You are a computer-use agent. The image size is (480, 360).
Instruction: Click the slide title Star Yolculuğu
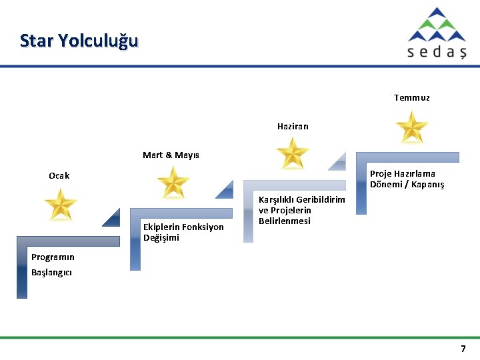click(79, 41)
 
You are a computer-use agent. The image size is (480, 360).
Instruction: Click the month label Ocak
click(59, 176)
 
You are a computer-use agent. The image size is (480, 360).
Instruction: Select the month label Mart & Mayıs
click(171, 155)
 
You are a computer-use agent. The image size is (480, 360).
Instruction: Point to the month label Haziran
click(293, 126)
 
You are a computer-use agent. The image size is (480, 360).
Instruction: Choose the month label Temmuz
click(411, 97)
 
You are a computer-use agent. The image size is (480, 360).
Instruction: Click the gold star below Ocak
click(61, 204)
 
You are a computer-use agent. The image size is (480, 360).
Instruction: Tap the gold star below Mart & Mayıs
click(174, 182)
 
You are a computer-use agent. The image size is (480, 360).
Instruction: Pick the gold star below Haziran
click(292, 153)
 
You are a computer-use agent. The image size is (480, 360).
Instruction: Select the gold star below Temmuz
click(411, 126)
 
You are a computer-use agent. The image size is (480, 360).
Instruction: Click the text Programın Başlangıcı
click(53, 265)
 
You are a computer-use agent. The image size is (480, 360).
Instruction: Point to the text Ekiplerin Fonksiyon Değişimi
click(183, 232)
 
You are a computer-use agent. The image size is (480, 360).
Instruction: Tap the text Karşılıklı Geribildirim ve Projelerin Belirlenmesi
click(301, 210)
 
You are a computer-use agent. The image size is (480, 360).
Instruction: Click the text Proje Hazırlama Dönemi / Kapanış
click(407, 179)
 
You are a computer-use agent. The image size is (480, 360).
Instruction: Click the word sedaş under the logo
click(437, 52)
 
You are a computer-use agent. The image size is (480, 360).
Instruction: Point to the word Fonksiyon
click(203, 227)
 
